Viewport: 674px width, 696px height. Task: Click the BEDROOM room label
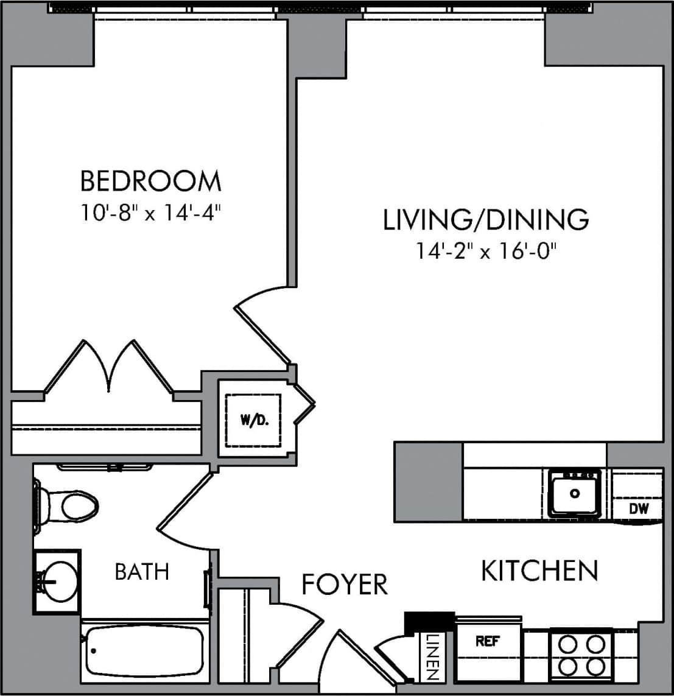pos(150,181)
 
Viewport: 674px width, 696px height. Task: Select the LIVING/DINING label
pos(485,219)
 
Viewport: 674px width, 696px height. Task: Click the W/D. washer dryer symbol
pos(255,420)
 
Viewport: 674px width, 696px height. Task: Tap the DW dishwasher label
pos(639,508)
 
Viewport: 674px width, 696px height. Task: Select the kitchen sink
pos(574,493)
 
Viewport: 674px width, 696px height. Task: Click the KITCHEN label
pos(539,571)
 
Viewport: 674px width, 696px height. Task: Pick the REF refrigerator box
pos(488,641)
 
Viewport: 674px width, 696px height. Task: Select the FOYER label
pos(345,585)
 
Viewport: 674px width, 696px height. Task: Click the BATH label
pos(142,572)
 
